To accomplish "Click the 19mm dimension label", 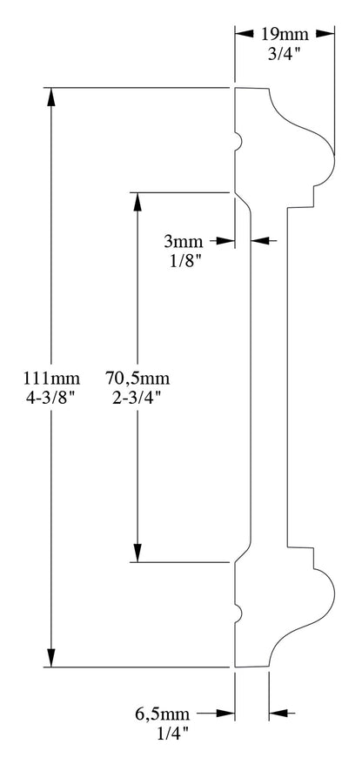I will click(284, 34).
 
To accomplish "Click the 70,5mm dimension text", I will click(137, 379).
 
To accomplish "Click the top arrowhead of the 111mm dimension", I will click(53, 97).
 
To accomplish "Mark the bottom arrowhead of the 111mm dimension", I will click(53, 659).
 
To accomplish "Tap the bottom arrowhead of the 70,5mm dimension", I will click(137, 553).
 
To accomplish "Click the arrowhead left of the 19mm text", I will click(244, 34).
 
